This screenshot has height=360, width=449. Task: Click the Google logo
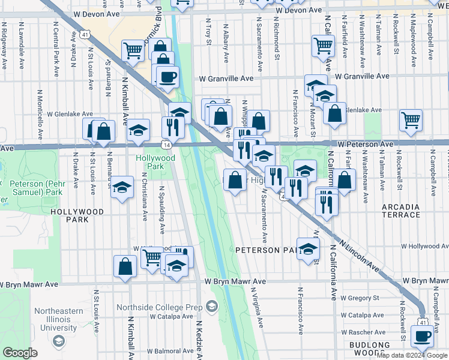[20, 353]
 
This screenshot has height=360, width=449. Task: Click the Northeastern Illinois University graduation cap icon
[58, 341]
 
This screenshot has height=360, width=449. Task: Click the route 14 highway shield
[165, 145]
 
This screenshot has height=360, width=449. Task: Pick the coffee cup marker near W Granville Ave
[167, 76]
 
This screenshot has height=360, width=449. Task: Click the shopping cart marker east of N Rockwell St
[411, 119]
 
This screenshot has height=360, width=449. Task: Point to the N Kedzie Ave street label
[200, 339]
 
